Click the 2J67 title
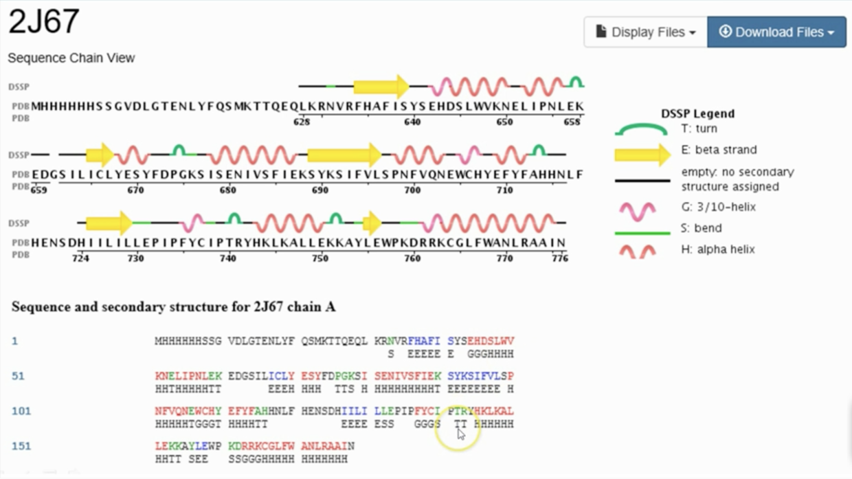pyautogui.click(x=43, y=22)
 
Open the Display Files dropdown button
pyautogui.click(x=645, y=32)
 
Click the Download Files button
pyautogui.click(x=776, y=32)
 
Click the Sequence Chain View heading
pyautogui.click(x=71, y=58)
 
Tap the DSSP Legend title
pyautogui.click(x=697, y=113)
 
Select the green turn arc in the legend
pyautogui.click(x=641, y=129)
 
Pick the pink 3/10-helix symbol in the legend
pyautogui.click(x=637, y=210)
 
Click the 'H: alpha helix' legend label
pyautogui.click(x=717, y=249)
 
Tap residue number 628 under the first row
pyautogui.click(x=301, y=122)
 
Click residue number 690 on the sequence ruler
pyautogui.click(x=320, y=190)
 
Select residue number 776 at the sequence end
pyautogui.click(x=560, y=258)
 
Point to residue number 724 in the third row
pyautogui.click(x=80, y=258)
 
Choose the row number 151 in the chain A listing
pyautogui.click(x=21, y=446)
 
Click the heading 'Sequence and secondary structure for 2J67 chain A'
pyautogui.click(x=173, y=307)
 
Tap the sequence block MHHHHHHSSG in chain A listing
pyautogui.click(x=183, y=341)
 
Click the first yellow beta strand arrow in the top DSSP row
pyautogui.click(x=381, y=87)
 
